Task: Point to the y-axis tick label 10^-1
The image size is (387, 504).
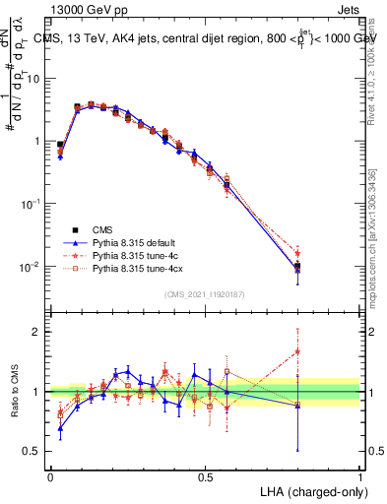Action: [x=32, y=204]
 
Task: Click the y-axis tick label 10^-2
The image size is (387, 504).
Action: [x=32, y=267]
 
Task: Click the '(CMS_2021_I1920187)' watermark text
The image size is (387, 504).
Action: [x=205, y=294]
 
